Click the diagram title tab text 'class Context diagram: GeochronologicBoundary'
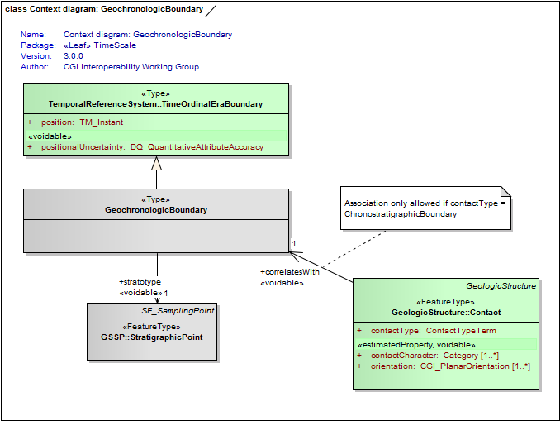(104, 9)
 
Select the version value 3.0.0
(74, 56)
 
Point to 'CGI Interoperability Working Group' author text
(131, 67)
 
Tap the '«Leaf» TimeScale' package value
(100, 45)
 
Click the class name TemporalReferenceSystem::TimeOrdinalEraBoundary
(156, 104)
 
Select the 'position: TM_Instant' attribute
(82, 122)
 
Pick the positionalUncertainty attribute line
(152, 147)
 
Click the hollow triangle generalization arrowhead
(156, 164)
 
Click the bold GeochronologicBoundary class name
(156, 210)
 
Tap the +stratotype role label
(140, 282)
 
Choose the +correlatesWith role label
(290, 272)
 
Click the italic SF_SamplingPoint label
(178, 311)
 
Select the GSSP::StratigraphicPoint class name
(152, 337)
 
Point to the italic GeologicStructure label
(501, 286)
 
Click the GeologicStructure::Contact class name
(446, 313)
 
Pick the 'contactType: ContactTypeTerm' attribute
(433, 331)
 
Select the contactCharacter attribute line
(434, 356)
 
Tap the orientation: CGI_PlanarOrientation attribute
(450, 366)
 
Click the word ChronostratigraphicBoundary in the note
(401, 214)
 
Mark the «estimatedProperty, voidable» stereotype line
(416, 345)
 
